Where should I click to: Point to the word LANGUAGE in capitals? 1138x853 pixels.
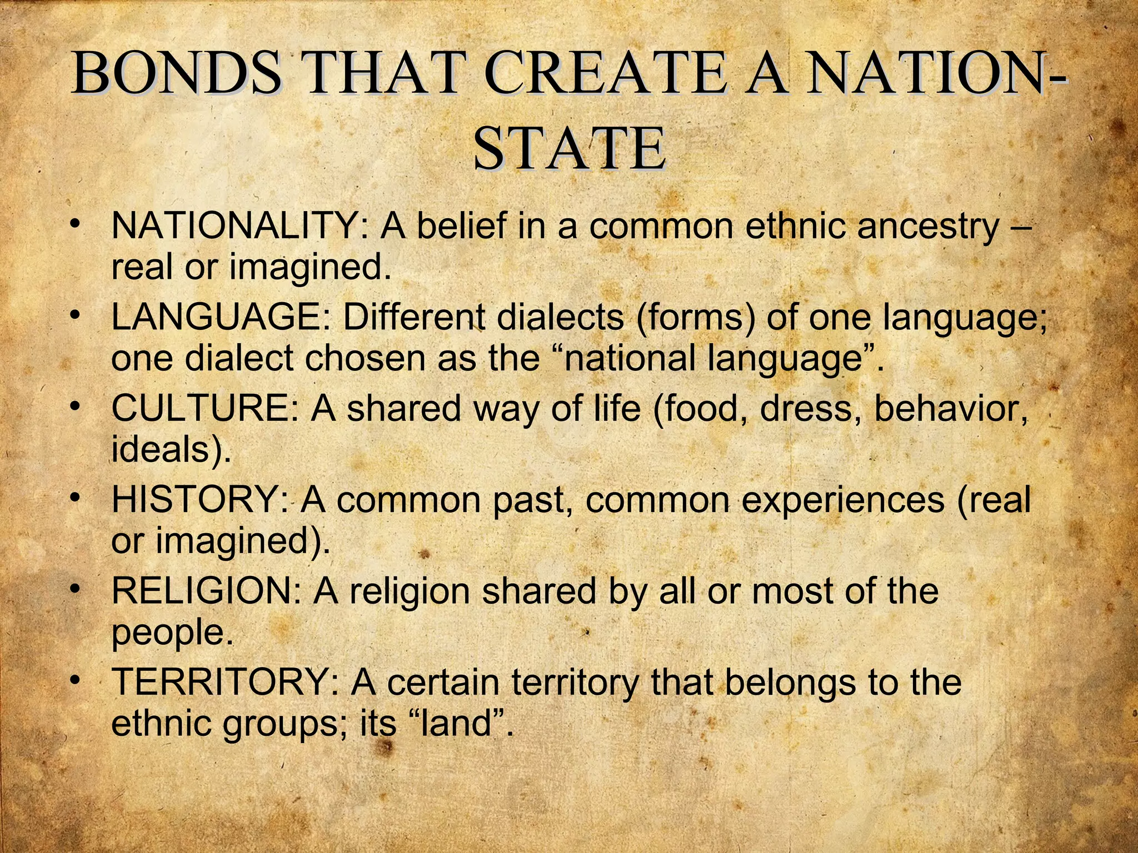(221, 318)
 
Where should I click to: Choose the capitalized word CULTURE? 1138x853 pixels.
(205, 409)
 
